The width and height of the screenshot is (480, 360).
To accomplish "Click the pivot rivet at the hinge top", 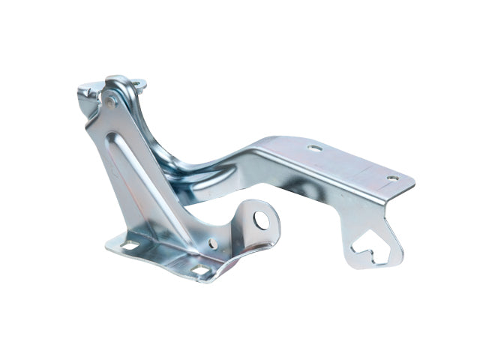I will (x=111, y=101).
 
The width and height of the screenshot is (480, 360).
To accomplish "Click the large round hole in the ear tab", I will (x=260, y=219).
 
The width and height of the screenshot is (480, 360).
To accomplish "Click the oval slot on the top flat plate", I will (x=314, y=148).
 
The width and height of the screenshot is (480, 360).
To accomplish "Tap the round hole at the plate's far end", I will (x=392, y=178).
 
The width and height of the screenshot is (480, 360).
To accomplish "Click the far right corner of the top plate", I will (x=413, y=180).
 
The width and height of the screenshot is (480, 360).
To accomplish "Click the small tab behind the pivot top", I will (x=138, y=85).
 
